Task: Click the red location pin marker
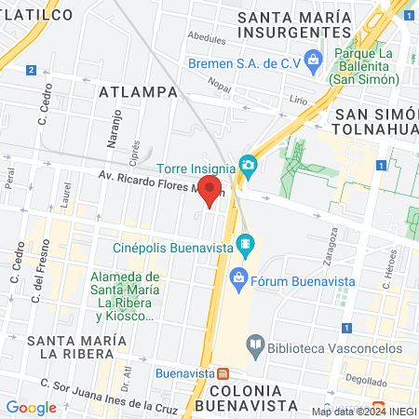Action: [x=210, y=191]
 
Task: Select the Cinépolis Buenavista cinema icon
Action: [x=246, y=247]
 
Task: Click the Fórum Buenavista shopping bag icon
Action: [x=239, y=277]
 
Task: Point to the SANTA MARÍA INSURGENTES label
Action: [x=292, y=24]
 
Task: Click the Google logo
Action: [x=31, y=407]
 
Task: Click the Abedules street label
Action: [x=206, y=40]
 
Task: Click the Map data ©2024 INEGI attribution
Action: [x=362, y=411]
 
